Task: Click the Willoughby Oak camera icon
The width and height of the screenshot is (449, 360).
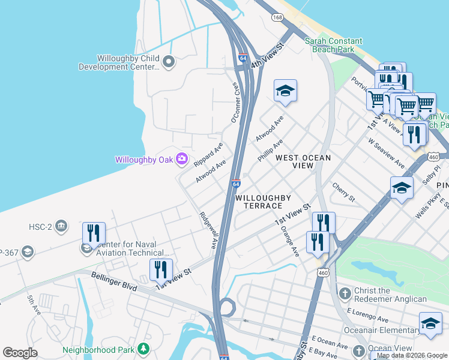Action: point(182,160)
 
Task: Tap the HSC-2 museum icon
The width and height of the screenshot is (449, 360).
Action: point(61,226)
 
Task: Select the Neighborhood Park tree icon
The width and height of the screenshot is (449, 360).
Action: point(143,349)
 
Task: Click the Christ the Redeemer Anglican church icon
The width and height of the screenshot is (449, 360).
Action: point(345,293)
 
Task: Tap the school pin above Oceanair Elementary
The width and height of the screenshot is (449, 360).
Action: point(430,325)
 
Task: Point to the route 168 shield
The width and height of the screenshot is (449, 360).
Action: point(277,18)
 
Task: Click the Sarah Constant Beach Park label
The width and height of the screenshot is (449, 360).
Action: point(333,46)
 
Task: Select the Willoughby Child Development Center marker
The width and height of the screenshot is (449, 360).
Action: point(169,61)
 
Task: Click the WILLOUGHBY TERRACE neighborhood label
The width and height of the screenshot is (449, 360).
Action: point(263,202)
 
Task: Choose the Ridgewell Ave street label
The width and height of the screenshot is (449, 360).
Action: point(208,230)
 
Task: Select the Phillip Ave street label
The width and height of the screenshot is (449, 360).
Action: point(270,151)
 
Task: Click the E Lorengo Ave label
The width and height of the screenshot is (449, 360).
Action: point(374,315)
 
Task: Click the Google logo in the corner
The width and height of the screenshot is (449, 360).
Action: point(20,353)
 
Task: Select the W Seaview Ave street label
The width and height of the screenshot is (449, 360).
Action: point(387,155)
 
